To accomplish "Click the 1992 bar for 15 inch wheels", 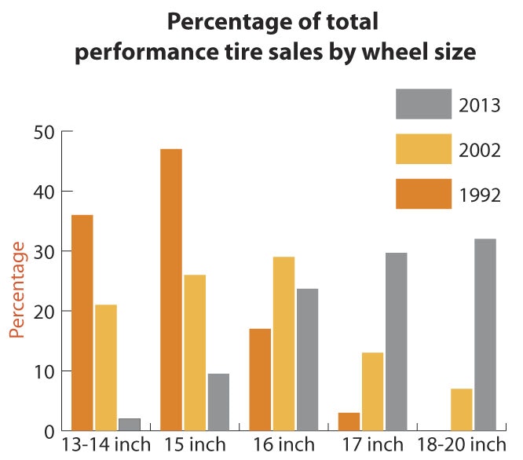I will tap(170, 290).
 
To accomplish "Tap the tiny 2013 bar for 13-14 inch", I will tap(130, 424).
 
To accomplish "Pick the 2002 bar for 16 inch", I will tap(283, 344).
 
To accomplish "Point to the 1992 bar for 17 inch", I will tap(349, 422).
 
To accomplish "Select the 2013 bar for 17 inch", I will tap(396, 341).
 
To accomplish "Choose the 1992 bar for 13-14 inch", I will tap(82, 323).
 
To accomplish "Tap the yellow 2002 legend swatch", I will tap(423, 149).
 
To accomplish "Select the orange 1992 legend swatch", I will tap(423, 194).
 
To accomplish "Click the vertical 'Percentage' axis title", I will tap(18, 290).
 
